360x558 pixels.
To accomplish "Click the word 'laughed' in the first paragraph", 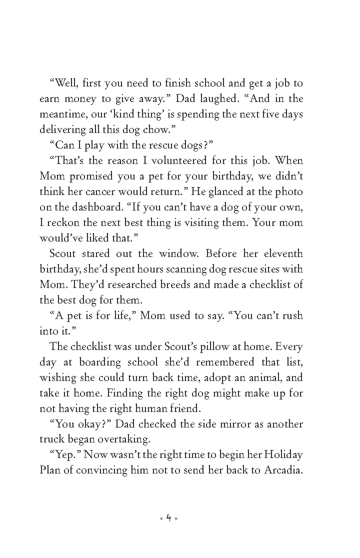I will (x=225, y=98).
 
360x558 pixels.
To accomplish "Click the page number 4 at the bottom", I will (x=168, y=518).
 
